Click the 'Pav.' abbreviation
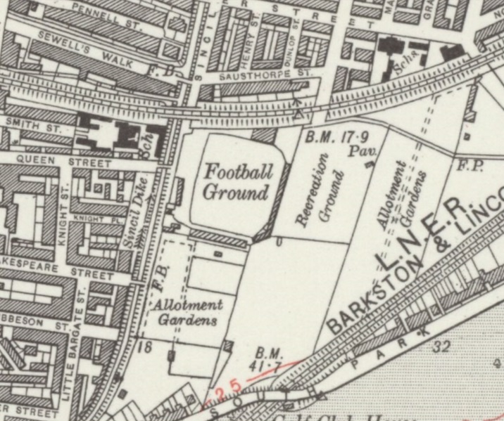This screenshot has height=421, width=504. coord(370,150)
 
